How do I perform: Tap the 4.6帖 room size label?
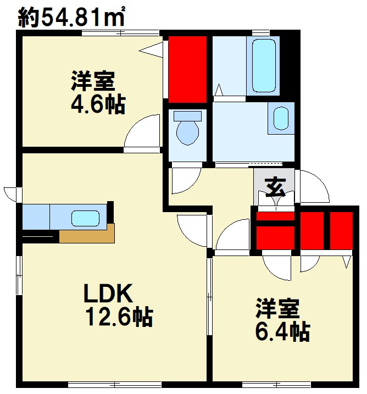[97, 104]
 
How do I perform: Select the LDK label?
[108, 295]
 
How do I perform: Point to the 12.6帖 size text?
[119, 317]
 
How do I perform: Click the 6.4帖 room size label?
[282, 331]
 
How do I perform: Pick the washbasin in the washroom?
[281, 118]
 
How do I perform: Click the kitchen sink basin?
[86, 218]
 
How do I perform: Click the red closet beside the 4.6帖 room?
[187, 69]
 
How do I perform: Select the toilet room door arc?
[185, 181]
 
